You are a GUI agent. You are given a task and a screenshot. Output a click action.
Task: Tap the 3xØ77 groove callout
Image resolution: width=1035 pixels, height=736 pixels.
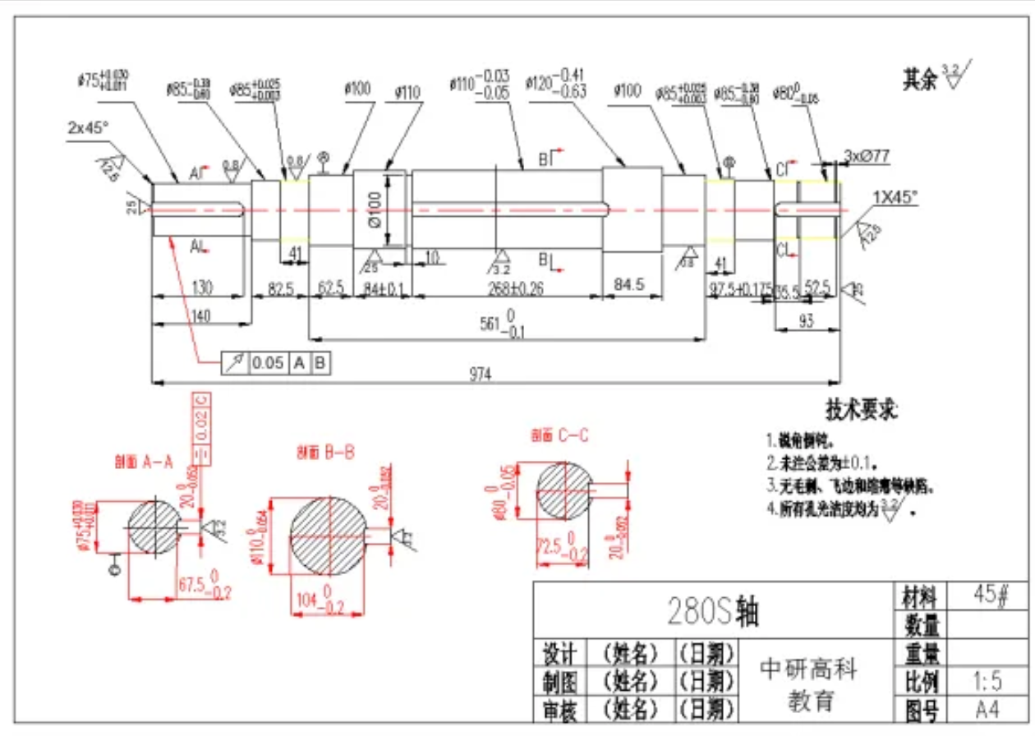(x=867, y=155)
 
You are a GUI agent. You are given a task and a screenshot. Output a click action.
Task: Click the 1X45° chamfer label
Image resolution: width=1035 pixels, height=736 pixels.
(x=895, y=197)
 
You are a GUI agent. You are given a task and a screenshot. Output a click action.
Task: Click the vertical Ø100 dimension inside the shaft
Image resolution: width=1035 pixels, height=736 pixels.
(x=375, y=209)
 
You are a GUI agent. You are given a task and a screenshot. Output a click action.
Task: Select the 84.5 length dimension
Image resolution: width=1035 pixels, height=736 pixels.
(x=628, y=284)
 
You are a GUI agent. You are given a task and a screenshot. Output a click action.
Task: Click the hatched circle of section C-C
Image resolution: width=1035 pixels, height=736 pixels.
(x=563, y=490)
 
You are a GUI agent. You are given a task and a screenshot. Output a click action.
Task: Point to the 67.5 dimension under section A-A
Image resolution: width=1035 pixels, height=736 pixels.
(x=198, y=585)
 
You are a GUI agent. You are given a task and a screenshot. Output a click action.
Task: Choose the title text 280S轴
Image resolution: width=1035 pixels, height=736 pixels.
(x=712, y=612)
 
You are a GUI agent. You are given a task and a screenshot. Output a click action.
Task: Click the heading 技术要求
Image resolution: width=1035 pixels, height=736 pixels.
(x=861, y=408)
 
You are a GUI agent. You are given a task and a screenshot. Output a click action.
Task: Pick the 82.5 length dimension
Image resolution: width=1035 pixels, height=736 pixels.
(x=282, y=288)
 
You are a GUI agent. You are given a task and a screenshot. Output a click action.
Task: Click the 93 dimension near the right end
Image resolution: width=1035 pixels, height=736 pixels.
(x=806, y=322)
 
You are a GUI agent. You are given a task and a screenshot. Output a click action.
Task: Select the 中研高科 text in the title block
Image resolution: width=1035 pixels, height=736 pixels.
(x=808, y=669)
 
